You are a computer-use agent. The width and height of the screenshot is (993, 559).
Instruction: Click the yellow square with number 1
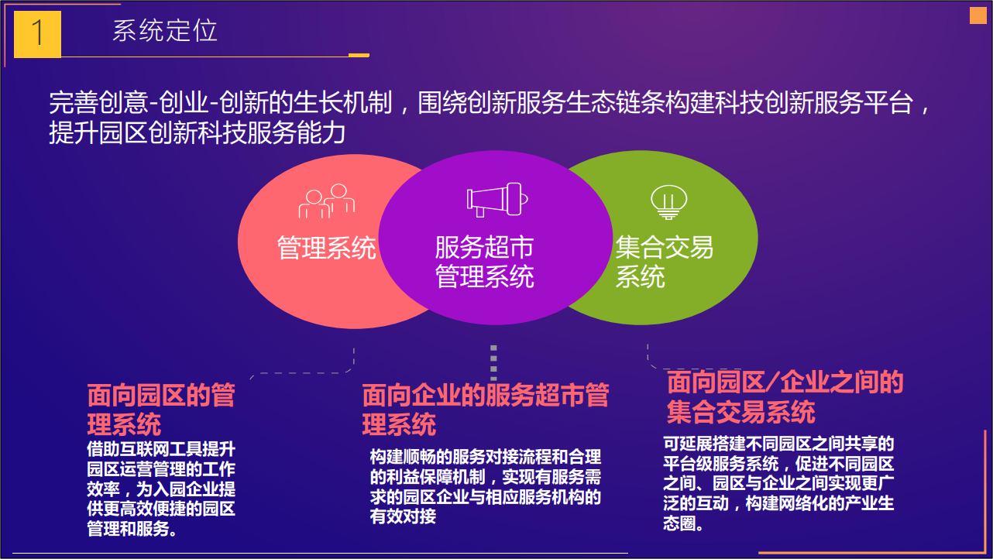click(37, 34)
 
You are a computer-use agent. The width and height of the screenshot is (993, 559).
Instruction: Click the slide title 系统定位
click(164, 30)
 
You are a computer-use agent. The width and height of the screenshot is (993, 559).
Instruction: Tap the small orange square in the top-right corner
click(978, 15)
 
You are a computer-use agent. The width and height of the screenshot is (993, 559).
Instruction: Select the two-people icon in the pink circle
click(327, 201)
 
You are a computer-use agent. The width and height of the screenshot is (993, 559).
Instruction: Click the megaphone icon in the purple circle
click(497, 199)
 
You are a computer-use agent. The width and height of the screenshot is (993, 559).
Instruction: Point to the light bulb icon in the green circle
click(668, 202)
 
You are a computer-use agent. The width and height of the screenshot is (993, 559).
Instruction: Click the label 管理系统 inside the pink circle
click(326, 248)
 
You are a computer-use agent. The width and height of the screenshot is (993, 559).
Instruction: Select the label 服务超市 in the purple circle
click(484, 247)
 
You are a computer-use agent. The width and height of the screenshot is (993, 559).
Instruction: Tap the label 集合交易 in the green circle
click(664, 247)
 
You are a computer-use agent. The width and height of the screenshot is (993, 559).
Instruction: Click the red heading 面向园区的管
click(161, 395)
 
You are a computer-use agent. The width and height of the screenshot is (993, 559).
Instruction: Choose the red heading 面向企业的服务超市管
click(486, 395)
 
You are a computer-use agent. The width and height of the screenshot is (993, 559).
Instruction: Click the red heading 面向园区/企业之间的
click(785, 382)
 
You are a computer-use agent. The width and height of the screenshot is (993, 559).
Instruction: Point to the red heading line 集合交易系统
click(740, 412)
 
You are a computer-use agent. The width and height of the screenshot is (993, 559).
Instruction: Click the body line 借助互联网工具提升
click(161, 449)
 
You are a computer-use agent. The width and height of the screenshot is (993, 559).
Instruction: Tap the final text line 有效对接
click(403, 516)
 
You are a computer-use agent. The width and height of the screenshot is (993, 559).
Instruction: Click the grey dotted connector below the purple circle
click(493, 363)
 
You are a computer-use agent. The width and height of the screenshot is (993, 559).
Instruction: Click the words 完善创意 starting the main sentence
click(98, 102)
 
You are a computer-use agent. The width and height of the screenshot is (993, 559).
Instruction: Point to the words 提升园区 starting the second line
click(98, 132)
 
